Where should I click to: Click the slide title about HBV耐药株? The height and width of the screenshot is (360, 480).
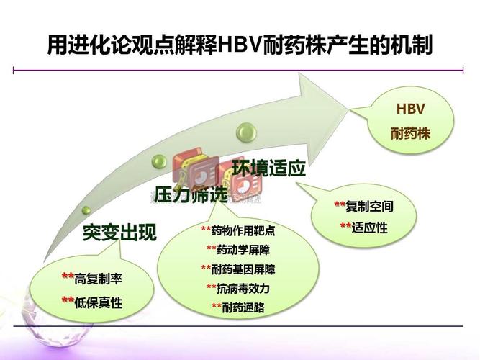tap(240, 47)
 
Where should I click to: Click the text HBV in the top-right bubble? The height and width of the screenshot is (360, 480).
tap(411, 110)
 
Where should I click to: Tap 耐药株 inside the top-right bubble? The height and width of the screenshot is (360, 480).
tap(411, 135)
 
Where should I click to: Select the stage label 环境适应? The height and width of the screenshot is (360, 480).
tap(268, 169)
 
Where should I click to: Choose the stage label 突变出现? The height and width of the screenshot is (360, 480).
tap(119, 233)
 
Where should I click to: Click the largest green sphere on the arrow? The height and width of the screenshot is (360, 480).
tap(248, 131)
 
